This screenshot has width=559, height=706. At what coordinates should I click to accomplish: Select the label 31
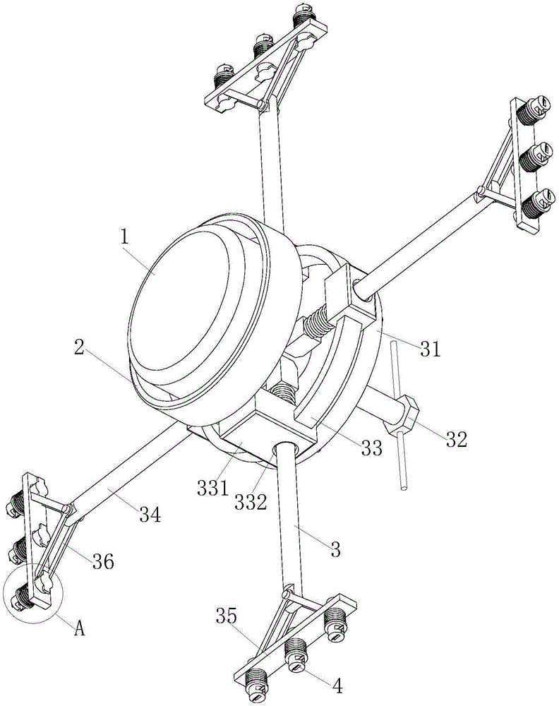coord(431,349)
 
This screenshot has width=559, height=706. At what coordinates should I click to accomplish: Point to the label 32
coord(457,439)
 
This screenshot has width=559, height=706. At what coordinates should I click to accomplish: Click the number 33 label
coord(372,448)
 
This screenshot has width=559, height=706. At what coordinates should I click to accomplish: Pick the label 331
coord(212,488)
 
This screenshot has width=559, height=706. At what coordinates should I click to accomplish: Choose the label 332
coord(251,501)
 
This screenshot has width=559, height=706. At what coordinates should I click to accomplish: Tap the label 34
coord(150,515)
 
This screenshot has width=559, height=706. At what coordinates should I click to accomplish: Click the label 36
coord(104,561)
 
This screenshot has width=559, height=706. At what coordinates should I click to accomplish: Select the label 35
coord(226,616)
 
